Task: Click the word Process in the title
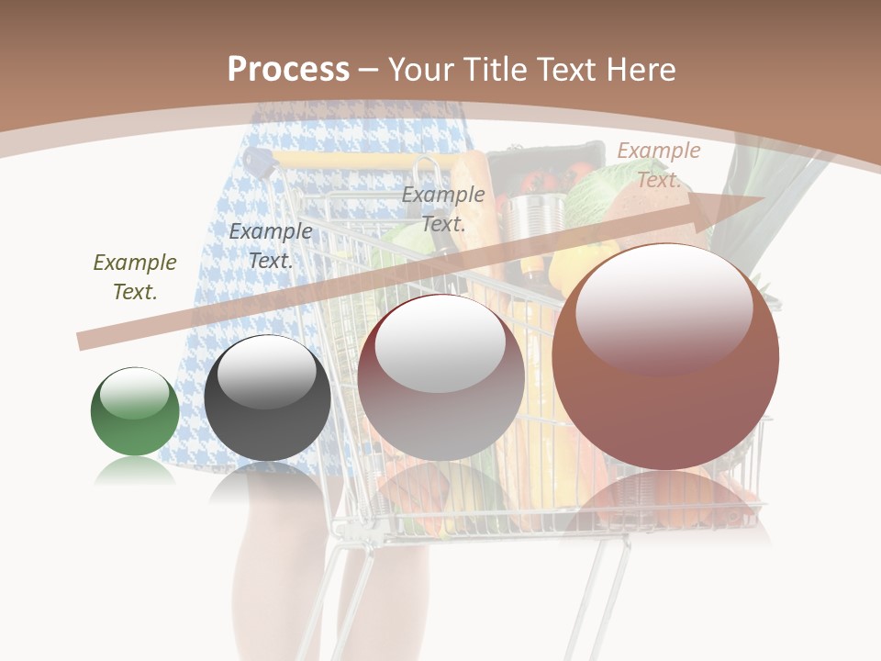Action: coord(288,70)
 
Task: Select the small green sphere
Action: coord(135,411)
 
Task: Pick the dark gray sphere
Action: coord(267,398)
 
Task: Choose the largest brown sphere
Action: coord(665,357)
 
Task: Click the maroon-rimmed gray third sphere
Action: coord(441,377)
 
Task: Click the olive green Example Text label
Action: coord(135,276)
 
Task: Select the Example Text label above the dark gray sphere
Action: coord(271,245)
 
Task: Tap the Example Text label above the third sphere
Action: coord(443,208)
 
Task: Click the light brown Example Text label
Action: coord(659,164)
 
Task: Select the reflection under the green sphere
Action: coord(135,472)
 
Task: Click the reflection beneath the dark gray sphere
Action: coord(267,482)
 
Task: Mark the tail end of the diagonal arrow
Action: coord(83,341)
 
